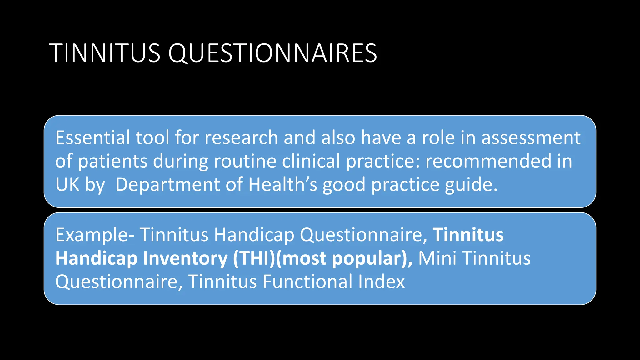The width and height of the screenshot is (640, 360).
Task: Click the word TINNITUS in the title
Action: [105, 53]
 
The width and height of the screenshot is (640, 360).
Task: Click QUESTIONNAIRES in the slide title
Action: [272, 53]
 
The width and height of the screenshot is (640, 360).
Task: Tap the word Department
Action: [167, 185]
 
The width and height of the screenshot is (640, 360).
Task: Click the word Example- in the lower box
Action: [95, 235]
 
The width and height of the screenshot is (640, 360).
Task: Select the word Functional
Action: [307, 282]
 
